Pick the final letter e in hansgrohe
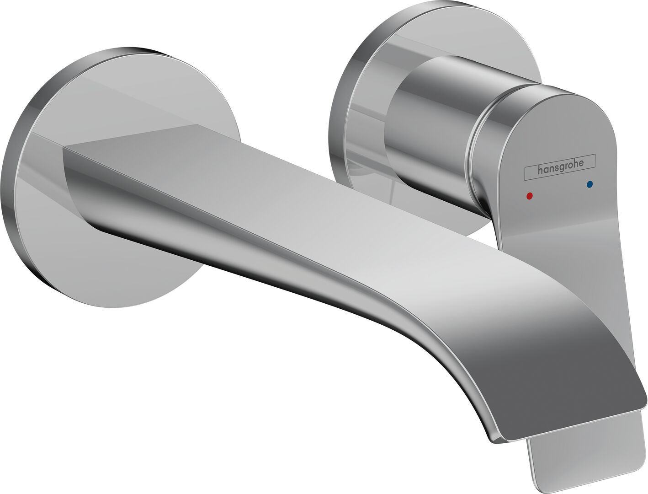[581, 164]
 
